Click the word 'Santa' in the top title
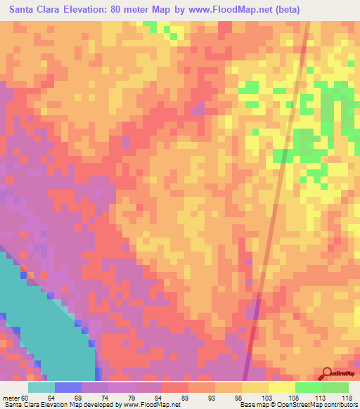(24, 10)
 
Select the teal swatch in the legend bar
(41, 387)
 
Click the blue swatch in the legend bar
(68, 387)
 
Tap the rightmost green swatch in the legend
(335, 387)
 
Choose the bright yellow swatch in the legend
(282, 387)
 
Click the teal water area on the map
(42, 330)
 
